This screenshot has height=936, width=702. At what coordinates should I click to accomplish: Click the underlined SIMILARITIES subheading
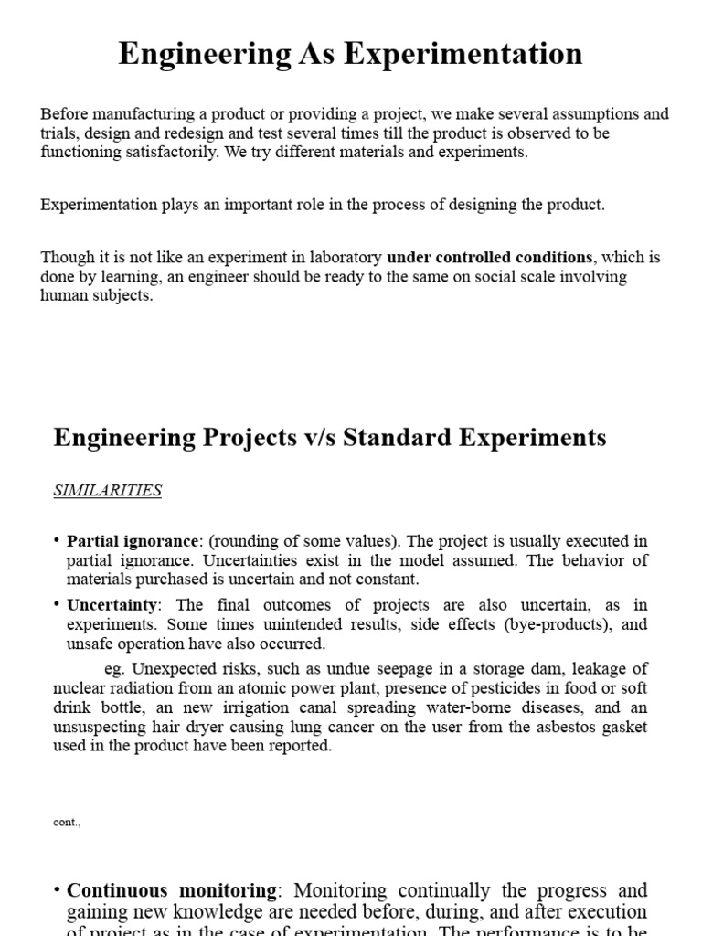point(107,490)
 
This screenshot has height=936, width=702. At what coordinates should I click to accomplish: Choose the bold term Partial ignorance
point(132,540)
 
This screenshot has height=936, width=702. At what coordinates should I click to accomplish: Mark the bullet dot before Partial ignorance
point(58,540)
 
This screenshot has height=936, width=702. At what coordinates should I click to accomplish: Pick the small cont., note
point(68,822)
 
